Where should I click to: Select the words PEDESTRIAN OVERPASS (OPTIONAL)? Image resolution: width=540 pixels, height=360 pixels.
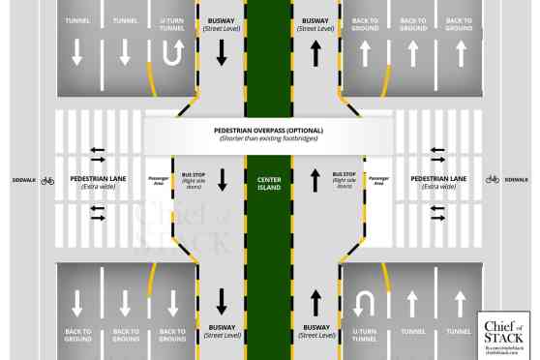pos(268,131)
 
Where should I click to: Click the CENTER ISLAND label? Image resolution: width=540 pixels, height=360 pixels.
pos(268,181)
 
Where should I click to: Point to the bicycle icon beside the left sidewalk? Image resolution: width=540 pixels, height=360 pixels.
pos(47,180)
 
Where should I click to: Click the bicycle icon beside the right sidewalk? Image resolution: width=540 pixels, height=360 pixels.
pos(492,179)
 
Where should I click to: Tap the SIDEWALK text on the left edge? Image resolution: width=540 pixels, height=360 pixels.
pos(22,180)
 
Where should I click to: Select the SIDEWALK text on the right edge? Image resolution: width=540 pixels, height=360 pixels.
pos(516,179)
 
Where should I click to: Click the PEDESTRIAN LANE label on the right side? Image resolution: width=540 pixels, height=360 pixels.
pos(437,181)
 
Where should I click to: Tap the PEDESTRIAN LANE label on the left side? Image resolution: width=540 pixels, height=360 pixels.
pos(100,181)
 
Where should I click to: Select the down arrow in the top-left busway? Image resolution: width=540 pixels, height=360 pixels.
pos(221,55)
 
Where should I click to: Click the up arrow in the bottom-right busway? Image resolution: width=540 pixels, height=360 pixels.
pos(316,302)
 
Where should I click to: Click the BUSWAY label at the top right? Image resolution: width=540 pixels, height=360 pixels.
pos(315,23)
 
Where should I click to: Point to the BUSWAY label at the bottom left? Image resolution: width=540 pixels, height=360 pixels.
pos(222,332)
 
